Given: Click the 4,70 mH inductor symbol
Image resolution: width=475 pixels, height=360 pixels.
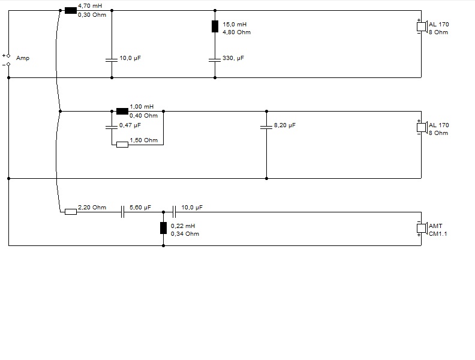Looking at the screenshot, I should coord(70,10).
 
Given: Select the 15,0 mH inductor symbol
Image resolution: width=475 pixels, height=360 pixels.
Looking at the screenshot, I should coord(215,26).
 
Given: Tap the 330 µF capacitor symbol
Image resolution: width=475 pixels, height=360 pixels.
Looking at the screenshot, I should coord(215,60).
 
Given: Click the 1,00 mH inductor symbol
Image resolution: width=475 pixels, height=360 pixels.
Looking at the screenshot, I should coord(122,111).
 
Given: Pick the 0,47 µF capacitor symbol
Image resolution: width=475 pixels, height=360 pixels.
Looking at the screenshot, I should coord(112,127).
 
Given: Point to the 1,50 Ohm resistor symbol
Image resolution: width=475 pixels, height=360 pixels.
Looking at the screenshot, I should coord(122,144).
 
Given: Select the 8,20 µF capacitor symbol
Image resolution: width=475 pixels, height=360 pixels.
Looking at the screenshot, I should coord(266,127).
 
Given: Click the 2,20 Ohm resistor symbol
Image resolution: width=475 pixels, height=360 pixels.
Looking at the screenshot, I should coord(70,211).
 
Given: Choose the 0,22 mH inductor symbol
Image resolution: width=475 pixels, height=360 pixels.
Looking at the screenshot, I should coord(163,228).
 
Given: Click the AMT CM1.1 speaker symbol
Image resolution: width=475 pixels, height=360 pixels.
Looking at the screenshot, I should coord(422,228).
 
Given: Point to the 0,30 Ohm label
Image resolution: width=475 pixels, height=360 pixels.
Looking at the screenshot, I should coord(92,15).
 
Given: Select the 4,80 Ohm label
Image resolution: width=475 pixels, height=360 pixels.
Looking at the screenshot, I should coord(236,32).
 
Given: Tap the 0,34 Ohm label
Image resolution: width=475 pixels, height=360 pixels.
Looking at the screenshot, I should coord(185,233).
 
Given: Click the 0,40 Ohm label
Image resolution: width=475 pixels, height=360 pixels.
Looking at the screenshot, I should coord(143,115).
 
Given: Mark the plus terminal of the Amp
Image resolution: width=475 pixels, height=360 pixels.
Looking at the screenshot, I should coord(8,55).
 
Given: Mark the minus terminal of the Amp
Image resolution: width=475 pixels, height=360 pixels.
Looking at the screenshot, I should coord(8,64).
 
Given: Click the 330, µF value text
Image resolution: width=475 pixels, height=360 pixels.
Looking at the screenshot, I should coord(233,58).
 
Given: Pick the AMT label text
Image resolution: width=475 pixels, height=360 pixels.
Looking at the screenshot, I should coord(435,226).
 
